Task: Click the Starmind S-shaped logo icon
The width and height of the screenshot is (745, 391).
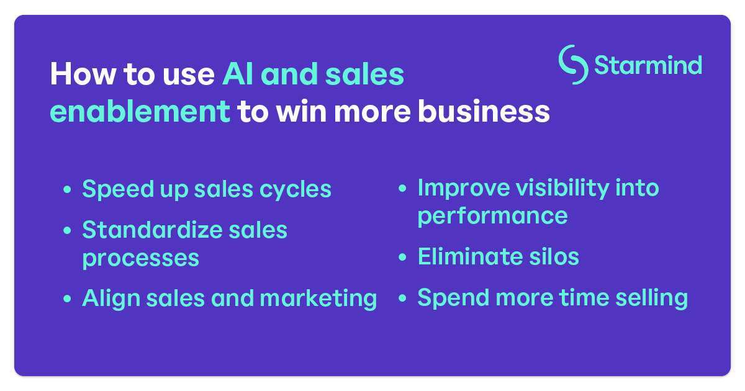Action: click(x=573, y=65)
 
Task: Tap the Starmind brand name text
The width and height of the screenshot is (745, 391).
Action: click(x=648, y=65)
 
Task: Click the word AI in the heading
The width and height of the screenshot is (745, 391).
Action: click(x=238, y=75)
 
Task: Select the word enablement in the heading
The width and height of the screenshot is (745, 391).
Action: click(x=140, y=112)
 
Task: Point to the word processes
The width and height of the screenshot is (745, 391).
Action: click(x=140, y=258)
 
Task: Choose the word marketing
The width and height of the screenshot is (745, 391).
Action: click(x=318, y=299)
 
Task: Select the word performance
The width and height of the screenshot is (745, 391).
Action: click(x=492, y=216)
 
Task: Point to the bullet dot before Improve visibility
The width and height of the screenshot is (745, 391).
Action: click(x=403, y=189)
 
